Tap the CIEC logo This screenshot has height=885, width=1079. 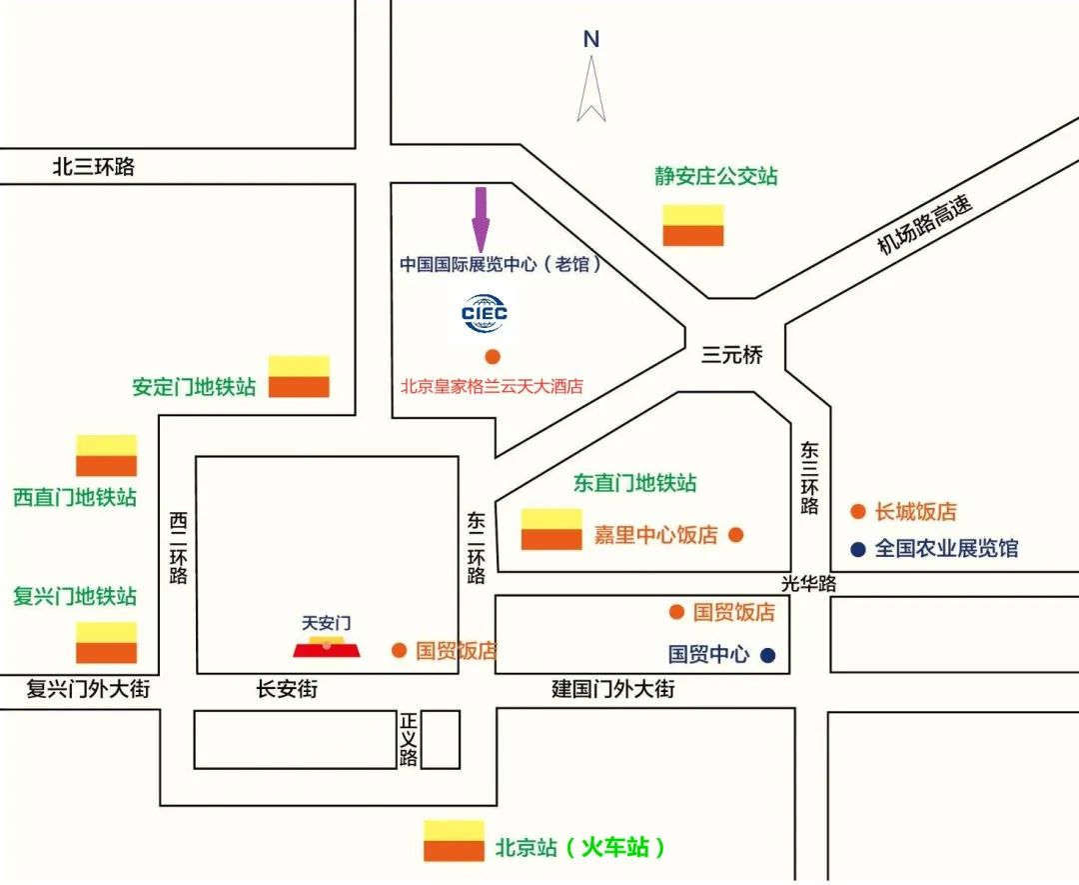[x=485, y=313]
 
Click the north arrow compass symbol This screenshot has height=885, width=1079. [x=591, y=88]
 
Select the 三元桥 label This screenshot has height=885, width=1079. [x=731, y=354]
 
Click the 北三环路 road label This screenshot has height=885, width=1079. [x=94, y=167]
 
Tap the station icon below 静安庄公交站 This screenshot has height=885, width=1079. [x=692, y=225]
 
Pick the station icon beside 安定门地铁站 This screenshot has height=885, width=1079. [x=299, y=376]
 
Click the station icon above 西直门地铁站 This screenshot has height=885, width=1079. [x=106, y=455]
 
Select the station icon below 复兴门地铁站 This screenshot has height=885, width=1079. [x=106, y=642]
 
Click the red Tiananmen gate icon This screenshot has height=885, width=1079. [x=327, y=646]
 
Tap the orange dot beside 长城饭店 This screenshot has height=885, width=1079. [x=857, y=512]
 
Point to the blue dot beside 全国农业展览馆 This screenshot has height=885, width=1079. [x=857, y=549]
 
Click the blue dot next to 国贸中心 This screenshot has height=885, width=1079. [x=767, y=656]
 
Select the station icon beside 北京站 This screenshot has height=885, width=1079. [x=454, y=841]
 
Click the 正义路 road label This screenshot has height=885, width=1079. [x=408, y=739]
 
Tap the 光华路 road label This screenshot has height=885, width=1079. [x=808, y=583]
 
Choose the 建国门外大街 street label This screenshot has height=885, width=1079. [x=612, y=689]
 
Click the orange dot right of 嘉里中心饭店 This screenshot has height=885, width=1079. [x=736, y=535]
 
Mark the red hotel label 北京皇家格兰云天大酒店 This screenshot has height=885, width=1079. [x=492, y=386]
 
